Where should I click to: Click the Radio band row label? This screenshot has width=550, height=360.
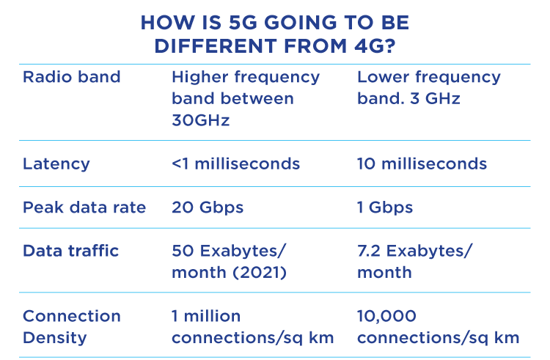[x=72, y=77]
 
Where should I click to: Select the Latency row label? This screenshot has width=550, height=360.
[x=56, y=164]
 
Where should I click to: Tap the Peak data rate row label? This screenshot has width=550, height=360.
[x=84, y=208]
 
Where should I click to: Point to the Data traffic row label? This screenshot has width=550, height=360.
[x=70, y=251]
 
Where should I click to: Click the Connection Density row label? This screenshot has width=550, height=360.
[x=72, y=327]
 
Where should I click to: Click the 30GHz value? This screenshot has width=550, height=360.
[x=201, y=120]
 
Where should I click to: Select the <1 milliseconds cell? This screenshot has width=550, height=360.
[x=235, y=164]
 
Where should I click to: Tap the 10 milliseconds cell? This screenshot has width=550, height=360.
[x=422, y=164]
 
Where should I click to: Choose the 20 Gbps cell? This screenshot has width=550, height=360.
[x=208, y=208]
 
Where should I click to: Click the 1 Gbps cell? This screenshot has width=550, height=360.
[x=385, y=208]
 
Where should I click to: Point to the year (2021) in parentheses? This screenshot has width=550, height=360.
[x=260, y=273]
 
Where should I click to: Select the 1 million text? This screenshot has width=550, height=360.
[x=206, y=316]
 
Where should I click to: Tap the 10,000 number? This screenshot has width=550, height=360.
[x=386, y=317]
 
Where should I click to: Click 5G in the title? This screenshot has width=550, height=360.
[x=243, y=23]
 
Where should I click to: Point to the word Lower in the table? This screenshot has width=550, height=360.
[x=383, y=77]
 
